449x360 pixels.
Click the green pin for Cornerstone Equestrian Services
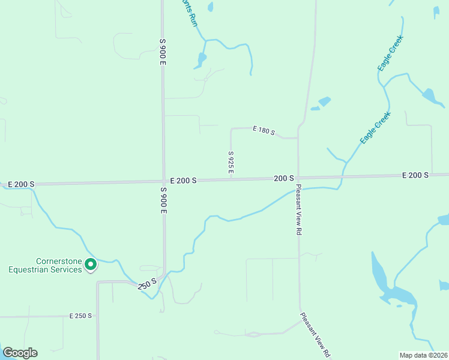(90, 264)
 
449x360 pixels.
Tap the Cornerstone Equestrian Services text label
(44, 265)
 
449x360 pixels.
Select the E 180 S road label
(264, 130)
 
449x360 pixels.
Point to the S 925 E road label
(231, 163)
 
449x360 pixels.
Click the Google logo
(20, 353)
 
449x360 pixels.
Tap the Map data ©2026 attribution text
(423, 355)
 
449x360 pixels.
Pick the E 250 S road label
(80, 316)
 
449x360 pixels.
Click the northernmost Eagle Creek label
(390, 53)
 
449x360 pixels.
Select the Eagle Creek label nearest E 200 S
(376, 127)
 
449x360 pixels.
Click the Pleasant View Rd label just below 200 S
(298, 210)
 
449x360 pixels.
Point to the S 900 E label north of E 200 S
(162, 52)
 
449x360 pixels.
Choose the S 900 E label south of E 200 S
(163, 200)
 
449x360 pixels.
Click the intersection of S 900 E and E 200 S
(163, 181)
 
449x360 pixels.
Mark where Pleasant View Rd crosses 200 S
(298, 178)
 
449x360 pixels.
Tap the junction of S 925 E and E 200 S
(231, 179)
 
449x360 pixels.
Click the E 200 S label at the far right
(415, 175)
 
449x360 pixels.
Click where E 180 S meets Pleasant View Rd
(298, 138)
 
